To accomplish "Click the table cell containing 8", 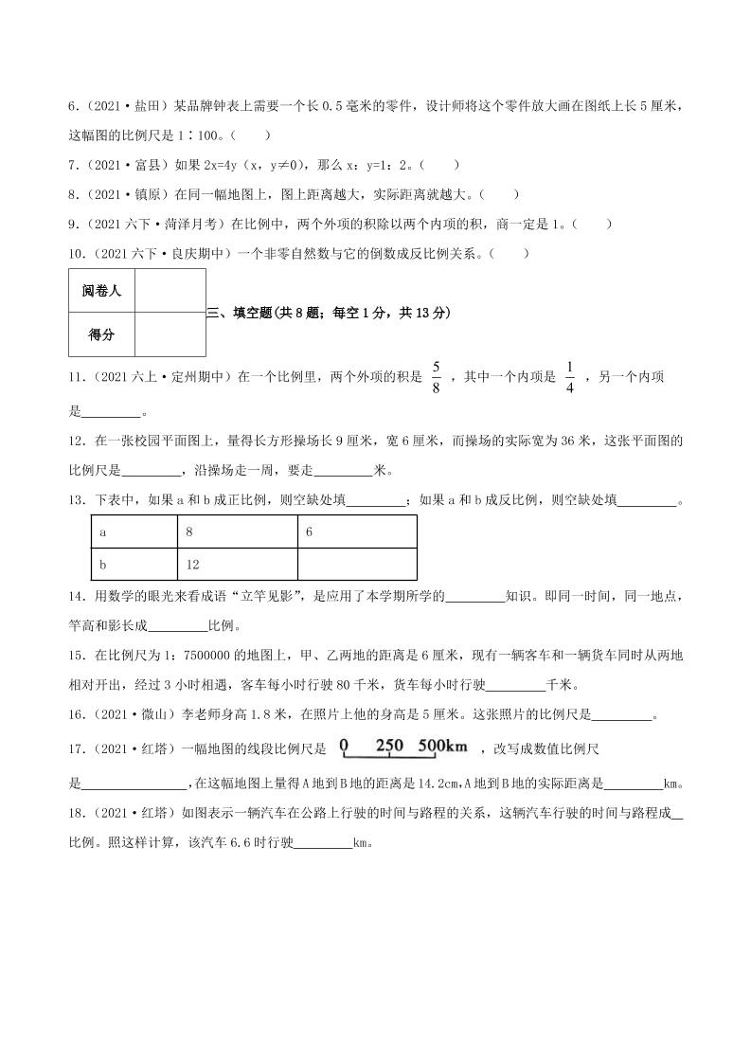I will pyautogui.click(x=237, y=531).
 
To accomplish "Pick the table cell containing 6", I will pyautogui.click(x=356, y=531).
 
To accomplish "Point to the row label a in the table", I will pyautogui.click(x=134, y=531).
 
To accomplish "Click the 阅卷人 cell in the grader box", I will pyautogui.click(x=101, y=291).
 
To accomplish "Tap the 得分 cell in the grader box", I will pyautogui.click(x=101, y=334).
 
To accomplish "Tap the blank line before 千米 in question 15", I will pyautogui.click(x=517, y=686).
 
